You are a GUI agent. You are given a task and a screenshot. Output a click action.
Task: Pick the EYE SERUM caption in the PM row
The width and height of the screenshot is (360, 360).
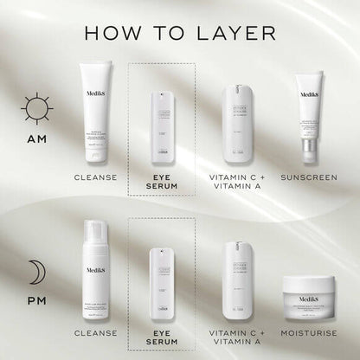click(164, 338)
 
